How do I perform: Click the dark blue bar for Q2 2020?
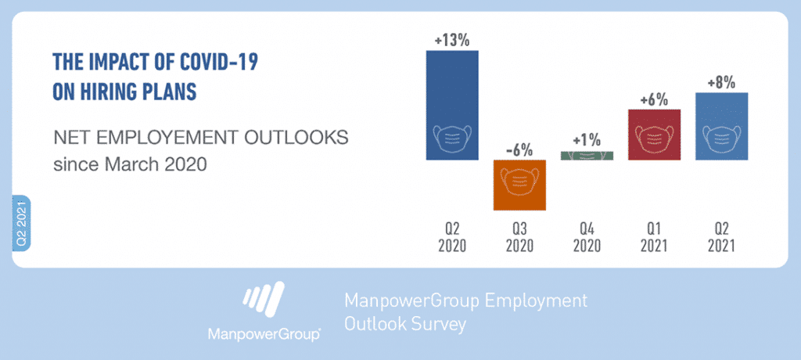click(x=452, y=105)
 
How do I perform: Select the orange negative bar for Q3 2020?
click(x=519, y=185)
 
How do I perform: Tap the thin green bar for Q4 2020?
click(x=587, y=156)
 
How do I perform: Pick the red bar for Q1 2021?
click(x=654, y=135)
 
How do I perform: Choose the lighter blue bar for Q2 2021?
click(x=721, y=126)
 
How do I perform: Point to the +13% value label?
click(x=451, y=41)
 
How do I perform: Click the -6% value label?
click(x=519, y=151)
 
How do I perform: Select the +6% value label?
click(x=654, y=100)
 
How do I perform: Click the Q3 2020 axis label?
click(x=519, y=238)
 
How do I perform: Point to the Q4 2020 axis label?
click(x=587, y=238)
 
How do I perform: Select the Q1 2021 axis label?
click(x=654, y=238)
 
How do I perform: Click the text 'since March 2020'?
click(x=131, y=165)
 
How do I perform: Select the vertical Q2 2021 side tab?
click(x=21, y=223)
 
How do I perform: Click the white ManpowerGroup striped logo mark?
click(x=263, y=301)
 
